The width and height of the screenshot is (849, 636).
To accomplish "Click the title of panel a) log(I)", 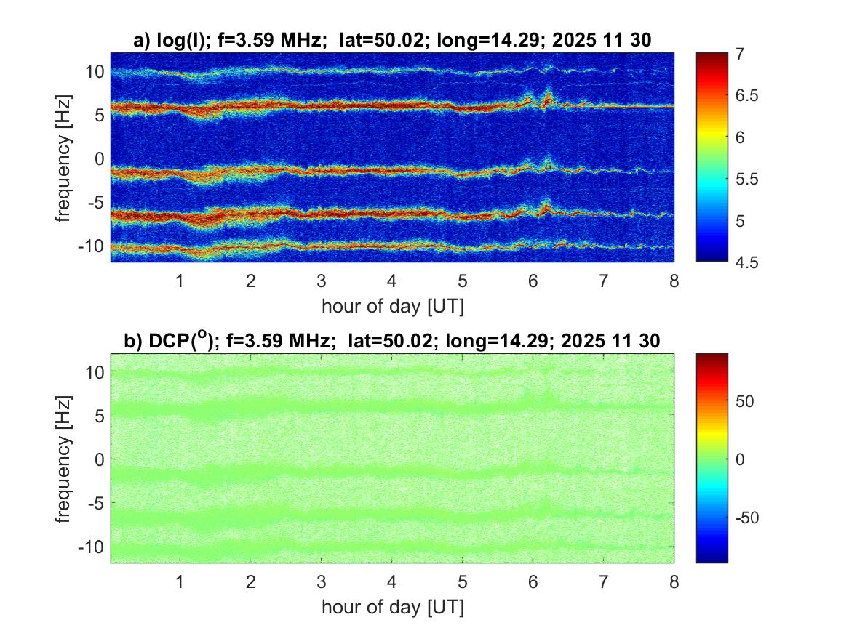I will pos(392,41).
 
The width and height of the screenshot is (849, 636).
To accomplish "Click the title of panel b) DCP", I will pos(392,342).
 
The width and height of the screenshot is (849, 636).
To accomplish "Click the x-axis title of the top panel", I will pos(392,306).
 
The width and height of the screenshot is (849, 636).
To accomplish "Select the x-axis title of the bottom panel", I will pos(392,606).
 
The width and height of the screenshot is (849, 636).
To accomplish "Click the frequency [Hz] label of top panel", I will pos(66,157).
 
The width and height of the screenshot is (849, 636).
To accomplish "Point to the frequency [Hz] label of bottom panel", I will pos(66,458).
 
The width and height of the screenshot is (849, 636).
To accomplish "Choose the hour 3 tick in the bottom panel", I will pos(321,582).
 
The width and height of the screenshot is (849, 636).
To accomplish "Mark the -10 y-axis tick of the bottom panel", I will pos(89,546).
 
